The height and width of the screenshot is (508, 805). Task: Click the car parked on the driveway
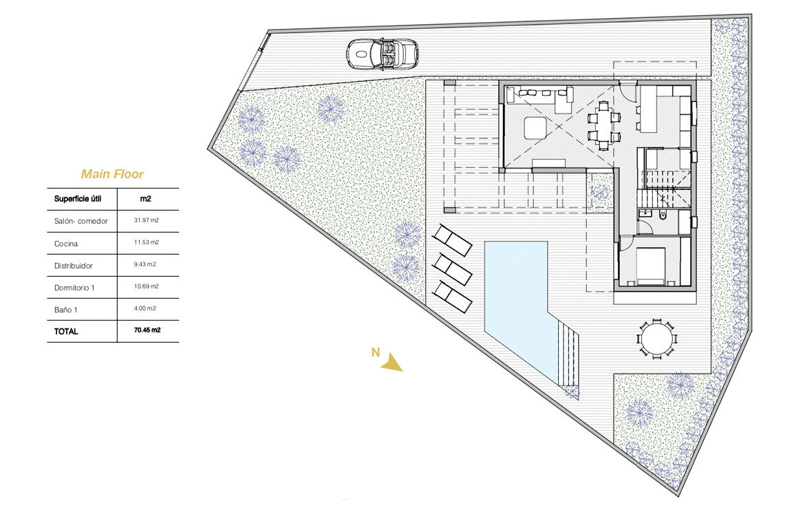(x=382, y=54)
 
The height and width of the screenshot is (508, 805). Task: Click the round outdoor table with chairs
(x=656, y=339)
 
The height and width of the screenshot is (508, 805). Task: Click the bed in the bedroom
(x=652, y=266)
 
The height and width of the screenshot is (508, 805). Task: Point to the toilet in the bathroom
(x=663, y=215)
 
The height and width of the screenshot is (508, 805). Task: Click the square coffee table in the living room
(x=536, y=128)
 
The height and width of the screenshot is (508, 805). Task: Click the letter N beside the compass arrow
(x=375, y=352)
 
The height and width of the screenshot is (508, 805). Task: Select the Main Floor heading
(x=112, y=174)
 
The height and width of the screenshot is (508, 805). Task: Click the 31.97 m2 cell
(x=147, y=220)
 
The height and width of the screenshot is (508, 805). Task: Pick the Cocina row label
(x=66, y=244)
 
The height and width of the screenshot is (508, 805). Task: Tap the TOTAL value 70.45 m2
(x=147, y=330)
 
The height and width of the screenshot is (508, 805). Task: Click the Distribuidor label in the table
(x=74, y=266)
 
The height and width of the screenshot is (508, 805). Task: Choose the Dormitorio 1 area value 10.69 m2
(x=147, y=286)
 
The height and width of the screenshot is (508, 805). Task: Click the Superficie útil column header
(x=78, y=199)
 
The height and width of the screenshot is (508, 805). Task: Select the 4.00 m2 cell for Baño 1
(x=144, y=308)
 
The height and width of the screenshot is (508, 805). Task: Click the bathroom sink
(x=643, y=213)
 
